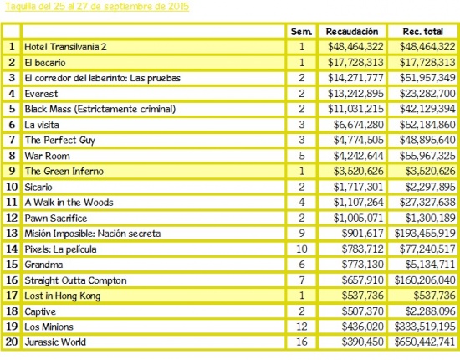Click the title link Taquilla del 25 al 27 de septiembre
pyautogui.click(x=97, y=7)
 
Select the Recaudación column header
pyautogui.click(x=352, y=32)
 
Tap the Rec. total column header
pyautogui.click(x=422, y=32)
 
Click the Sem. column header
pyautogui.click(x=301, y=32)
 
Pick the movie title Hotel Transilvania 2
pyautogui.click(x=65, y=47)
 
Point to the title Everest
pyautogui.click(x=41, y=94)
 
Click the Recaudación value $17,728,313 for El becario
pyautogui.click(x=355, y=62)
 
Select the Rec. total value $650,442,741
pyautogui.click(x=425, y=342)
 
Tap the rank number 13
pyautogui.click(x=12, y=233)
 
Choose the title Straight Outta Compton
pyautogui.click(x=75, y=280)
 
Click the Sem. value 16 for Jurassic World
pyautogui.click(x=302, y=342)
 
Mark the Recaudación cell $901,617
pyautogui.click(x=363, y=233)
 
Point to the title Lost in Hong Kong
pyautogui.click(x=62, y=296)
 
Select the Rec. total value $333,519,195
pyautogui.click(x=425, y=327)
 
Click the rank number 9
pyautogui.click(x=12, y=171)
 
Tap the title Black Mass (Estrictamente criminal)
pyautogui.click(x=100, y=109)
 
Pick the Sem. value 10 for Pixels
pyautogui.click(x=302, y=249)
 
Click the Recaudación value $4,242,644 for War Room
pyautogui.click(x=359, y=156)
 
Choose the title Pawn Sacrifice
pyautogui.click(x=56, y=219)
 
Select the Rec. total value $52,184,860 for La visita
pyautogui.click(x=427, y=125)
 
